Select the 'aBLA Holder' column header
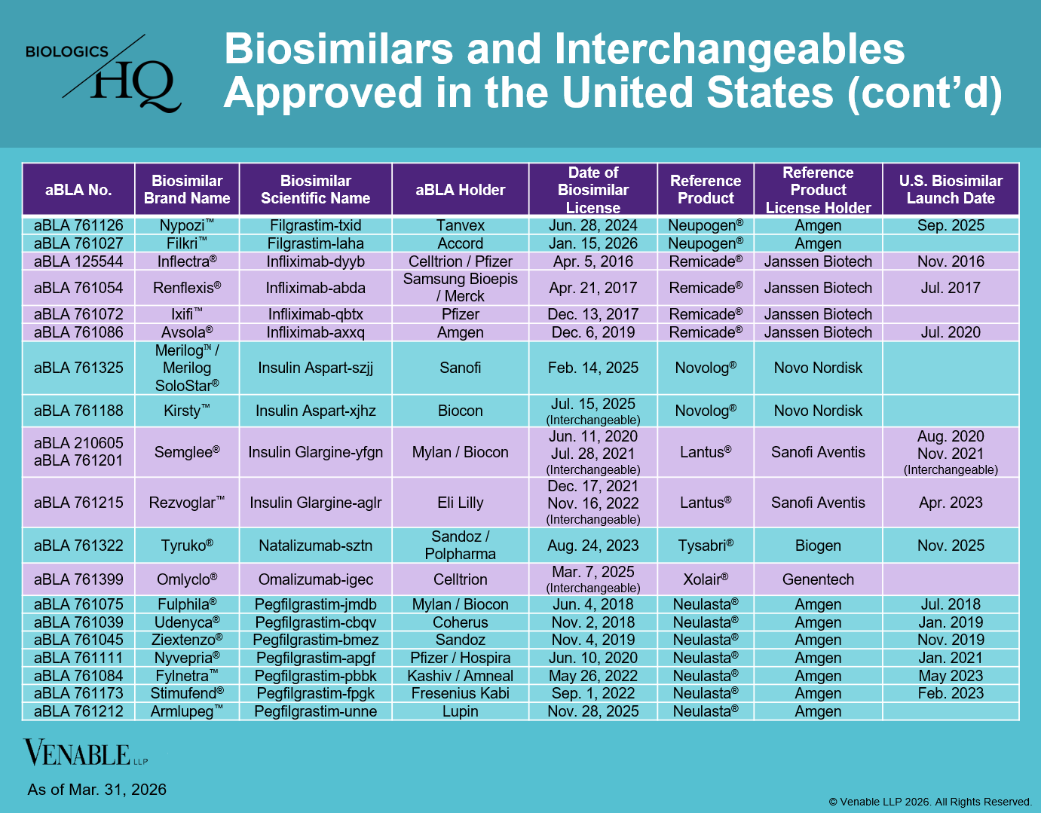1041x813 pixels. (x=461, y=190)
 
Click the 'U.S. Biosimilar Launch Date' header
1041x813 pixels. (x=951, y=190)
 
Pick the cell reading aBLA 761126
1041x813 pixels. (x=78, y=225)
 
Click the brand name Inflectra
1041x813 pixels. (x=187, y=261)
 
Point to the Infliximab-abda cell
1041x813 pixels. (x=315, y=288)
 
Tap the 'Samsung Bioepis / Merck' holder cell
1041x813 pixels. (x=461, y=288)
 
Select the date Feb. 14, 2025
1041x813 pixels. (x=592, y=368)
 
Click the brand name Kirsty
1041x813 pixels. (x=187, y=411)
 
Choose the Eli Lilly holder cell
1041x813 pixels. (x=461, y=503)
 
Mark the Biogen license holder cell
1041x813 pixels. (x=818, y=546)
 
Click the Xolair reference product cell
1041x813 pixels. (x=706, y=579)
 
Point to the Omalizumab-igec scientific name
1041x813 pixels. (x=315, y=579)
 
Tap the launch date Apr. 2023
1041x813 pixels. (x=951, y=503)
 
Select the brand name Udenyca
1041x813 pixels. (x=187, y=622)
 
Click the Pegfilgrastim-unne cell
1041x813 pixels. (x=315, y=711)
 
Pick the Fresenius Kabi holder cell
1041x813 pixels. (x=461, y=693)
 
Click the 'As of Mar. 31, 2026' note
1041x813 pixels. (x=97, y=790)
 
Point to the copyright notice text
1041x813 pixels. (x=930, y=802)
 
